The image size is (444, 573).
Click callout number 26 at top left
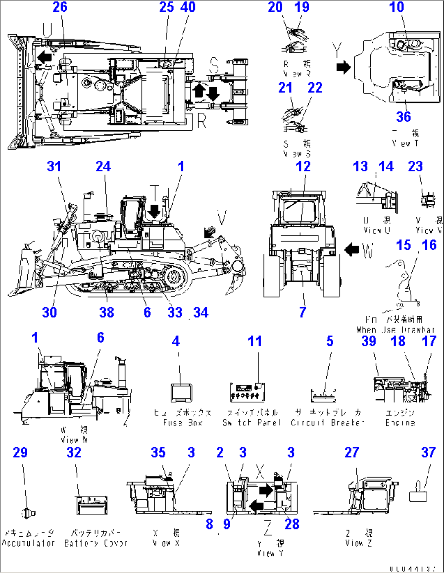pyautogui.click(x=60, y=7)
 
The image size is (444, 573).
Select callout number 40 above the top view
pyautogui.click(x=188, y=7)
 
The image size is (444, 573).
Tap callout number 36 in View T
pyautogui.click(x=403, y=117)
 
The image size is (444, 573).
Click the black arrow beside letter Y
pyautogui.click(x=343, y=66)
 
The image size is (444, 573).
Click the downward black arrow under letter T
pyautogui.click(x=154, y=211)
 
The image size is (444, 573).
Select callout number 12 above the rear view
pyautogui.click(x=303, y=166)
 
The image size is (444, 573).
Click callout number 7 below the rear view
pyautogui.click(x=302, y=312)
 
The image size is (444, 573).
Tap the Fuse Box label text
pyautogui.click(x=183, y=423)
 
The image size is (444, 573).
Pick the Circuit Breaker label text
pyautogui.click(x=327, y=423)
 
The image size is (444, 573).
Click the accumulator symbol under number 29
pyautogui.click(x=27, y=514)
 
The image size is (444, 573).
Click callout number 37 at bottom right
pyautogui.click(x=428, y=452)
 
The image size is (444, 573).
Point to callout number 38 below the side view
pyautogui.click(x=106, y=312)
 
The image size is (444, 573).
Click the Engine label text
pyautogui.click(x=400, y=423)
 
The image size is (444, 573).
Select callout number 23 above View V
pyautogui.click(x=415, y=166)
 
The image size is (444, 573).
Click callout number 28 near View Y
pyautogui.click(x=292, y=524)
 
